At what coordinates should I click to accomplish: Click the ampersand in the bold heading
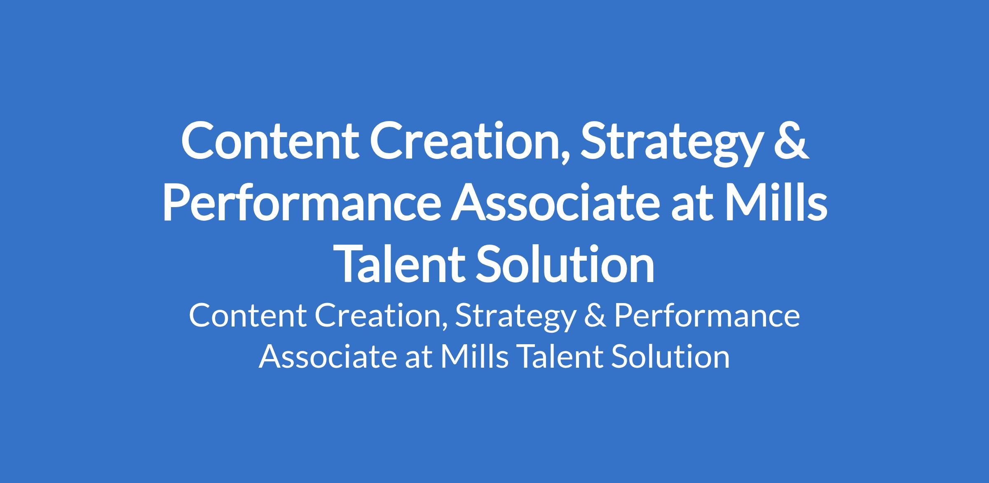tap(790, 140)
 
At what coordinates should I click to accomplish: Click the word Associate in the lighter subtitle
tap(328, 356)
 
